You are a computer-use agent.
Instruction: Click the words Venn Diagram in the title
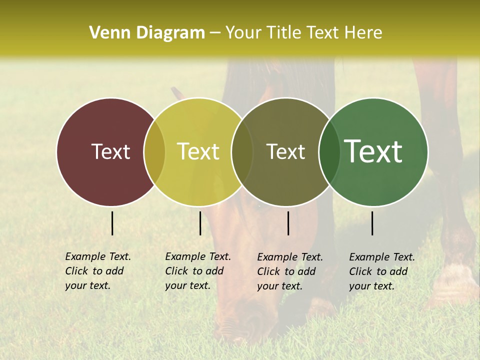pos(146,33)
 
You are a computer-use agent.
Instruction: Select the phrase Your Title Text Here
pos(303,33)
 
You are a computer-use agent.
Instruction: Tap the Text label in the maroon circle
pos(110,151)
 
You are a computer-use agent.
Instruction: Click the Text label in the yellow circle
pos(198,151)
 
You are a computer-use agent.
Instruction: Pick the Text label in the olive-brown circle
pos(285,151)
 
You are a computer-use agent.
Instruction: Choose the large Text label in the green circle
pos(373,151)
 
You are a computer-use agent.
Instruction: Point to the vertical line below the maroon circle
pos(112,223)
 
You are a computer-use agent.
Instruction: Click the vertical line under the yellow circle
pos(200,223)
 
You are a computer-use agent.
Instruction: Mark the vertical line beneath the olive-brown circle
pos(288,223)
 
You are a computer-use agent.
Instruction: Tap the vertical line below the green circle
pos(372,223)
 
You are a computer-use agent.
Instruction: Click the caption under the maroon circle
pos(98,271)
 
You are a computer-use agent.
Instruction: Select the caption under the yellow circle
pos(198,271)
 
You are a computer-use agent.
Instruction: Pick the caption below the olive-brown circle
pos(290,271)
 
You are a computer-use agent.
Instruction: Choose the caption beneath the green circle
pos(382,271)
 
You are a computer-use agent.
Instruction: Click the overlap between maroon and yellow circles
pos(154,151)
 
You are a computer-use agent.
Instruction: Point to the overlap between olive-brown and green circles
pos(329,151)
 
